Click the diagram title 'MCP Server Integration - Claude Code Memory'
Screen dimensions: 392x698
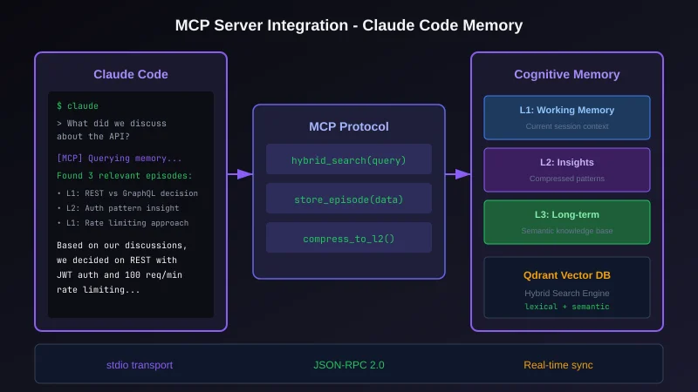(349, 25)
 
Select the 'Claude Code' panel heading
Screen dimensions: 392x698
(130, 74)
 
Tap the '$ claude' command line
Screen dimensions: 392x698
(78, 105)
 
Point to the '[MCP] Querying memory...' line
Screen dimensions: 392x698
(120, 158)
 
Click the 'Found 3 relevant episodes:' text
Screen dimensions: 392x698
(124, 175)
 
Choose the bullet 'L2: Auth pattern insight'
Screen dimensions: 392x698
(120, 208)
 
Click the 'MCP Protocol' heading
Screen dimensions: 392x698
(349, 126)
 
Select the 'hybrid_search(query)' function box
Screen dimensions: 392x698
(349, 160)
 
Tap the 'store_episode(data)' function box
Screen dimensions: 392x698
(349, 199)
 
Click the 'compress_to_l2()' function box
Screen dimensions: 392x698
(349, 238)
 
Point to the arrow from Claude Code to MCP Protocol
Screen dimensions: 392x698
(240, 174)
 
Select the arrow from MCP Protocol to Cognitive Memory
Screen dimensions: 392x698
(458, 174)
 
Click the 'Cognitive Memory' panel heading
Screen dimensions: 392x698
(567, 74)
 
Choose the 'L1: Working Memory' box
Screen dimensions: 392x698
(567, 117)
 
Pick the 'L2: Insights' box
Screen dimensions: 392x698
(567, 169)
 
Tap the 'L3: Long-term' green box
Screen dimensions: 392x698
(567, 221)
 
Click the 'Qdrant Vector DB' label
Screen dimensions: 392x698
(567, 274)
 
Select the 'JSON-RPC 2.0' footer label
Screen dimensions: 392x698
(349, 364)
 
